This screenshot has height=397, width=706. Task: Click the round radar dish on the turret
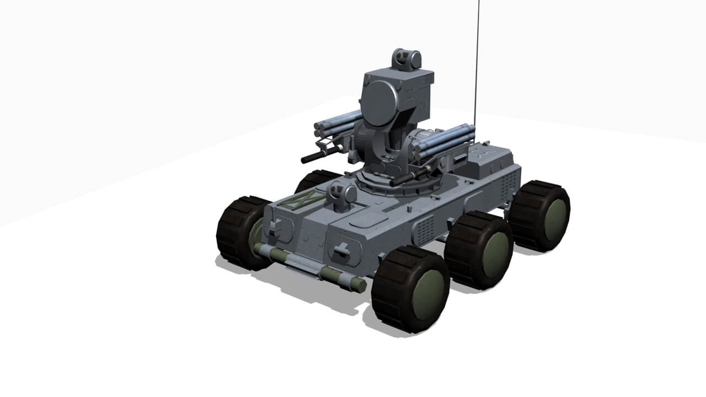pyautogui.click(x=380, y=104)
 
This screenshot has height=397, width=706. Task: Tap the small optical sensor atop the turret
pyautogui.click(x=407, y=59)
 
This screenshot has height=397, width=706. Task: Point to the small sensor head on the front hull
pyautogui.click(x=342, y=195)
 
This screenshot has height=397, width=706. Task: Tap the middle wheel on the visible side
pyautogui.click(x=479, y=250)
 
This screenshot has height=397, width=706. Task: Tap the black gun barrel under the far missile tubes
pyautogui.click(x=319, y=156)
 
